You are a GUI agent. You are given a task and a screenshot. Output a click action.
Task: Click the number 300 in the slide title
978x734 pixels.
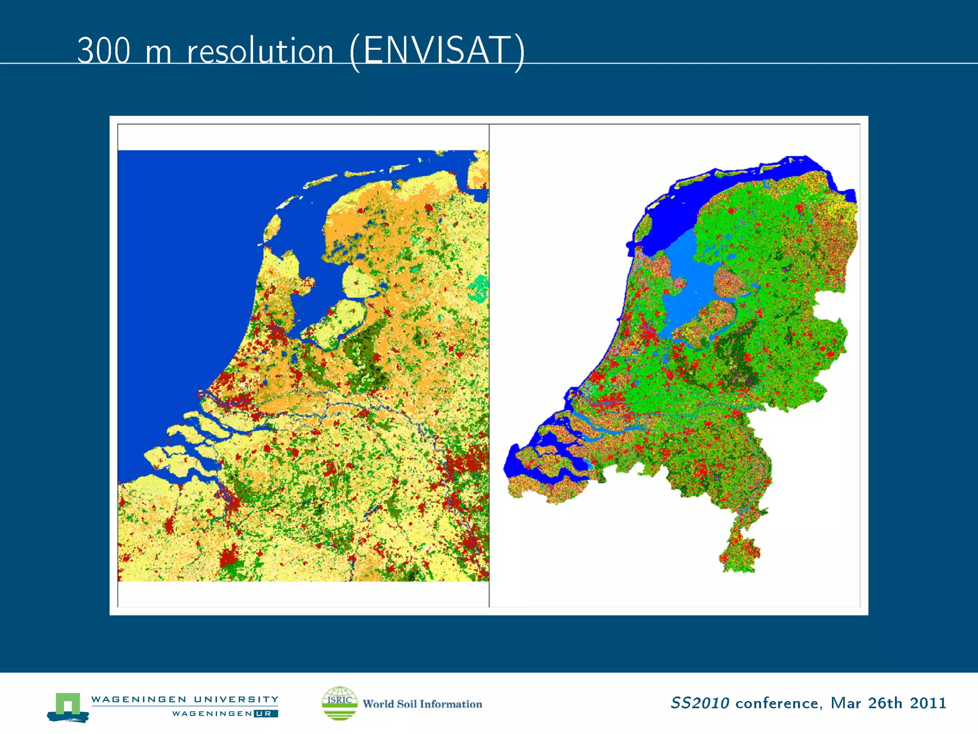pyautogui.click(x=104, y=51)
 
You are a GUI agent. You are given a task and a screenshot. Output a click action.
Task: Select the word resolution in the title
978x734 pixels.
pyautogui.click(x=260, y=52)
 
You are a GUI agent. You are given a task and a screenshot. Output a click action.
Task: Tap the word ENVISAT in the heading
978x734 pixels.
pyautogui.click(x=436, y=51)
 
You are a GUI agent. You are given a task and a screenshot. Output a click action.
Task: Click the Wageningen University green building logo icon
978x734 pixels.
pyautogui.click(x=68, y=706)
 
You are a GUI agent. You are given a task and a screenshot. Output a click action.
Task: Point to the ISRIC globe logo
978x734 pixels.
pyautogui.click(x=340, y=703)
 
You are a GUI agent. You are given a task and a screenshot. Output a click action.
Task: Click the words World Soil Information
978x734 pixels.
pyautogui.click(x=422, y=704)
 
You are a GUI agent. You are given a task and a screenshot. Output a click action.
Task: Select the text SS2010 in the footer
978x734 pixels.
pyautogui.click(x=700, y=703)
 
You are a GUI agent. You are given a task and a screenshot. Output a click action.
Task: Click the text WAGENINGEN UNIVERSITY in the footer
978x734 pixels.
pyautogui.click(x=185, y=699)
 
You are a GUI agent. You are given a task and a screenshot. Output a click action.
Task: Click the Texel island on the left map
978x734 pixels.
pyautogui.click(x=273, y=227)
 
